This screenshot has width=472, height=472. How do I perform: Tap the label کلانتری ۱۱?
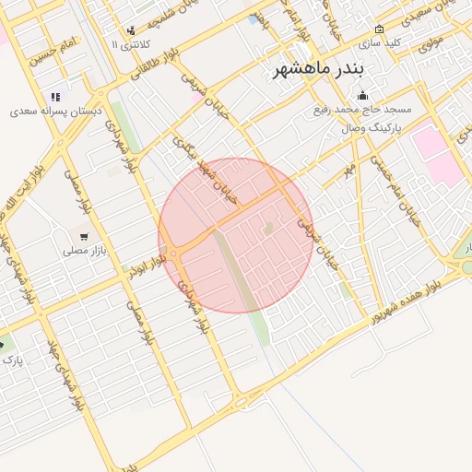pyautogui.click(x=126, y=44)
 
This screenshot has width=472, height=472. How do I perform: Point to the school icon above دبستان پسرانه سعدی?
pyautogui.click(x=55, y=96)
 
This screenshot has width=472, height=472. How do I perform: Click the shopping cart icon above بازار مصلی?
pyautogui.click(x=84, y=236)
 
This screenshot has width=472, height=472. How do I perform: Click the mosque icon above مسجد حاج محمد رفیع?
pyautogui.click(x=362, y=95)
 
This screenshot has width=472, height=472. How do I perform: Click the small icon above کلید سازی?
pyautogui.click(x=379, y=29)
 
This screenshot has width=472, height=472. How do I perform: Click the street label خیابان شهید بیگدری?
pyautogui.click(x=206, y=170)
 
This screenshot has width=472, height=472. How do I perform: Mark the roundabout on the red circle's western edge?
pyautogui.click(x=172, y=254)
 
